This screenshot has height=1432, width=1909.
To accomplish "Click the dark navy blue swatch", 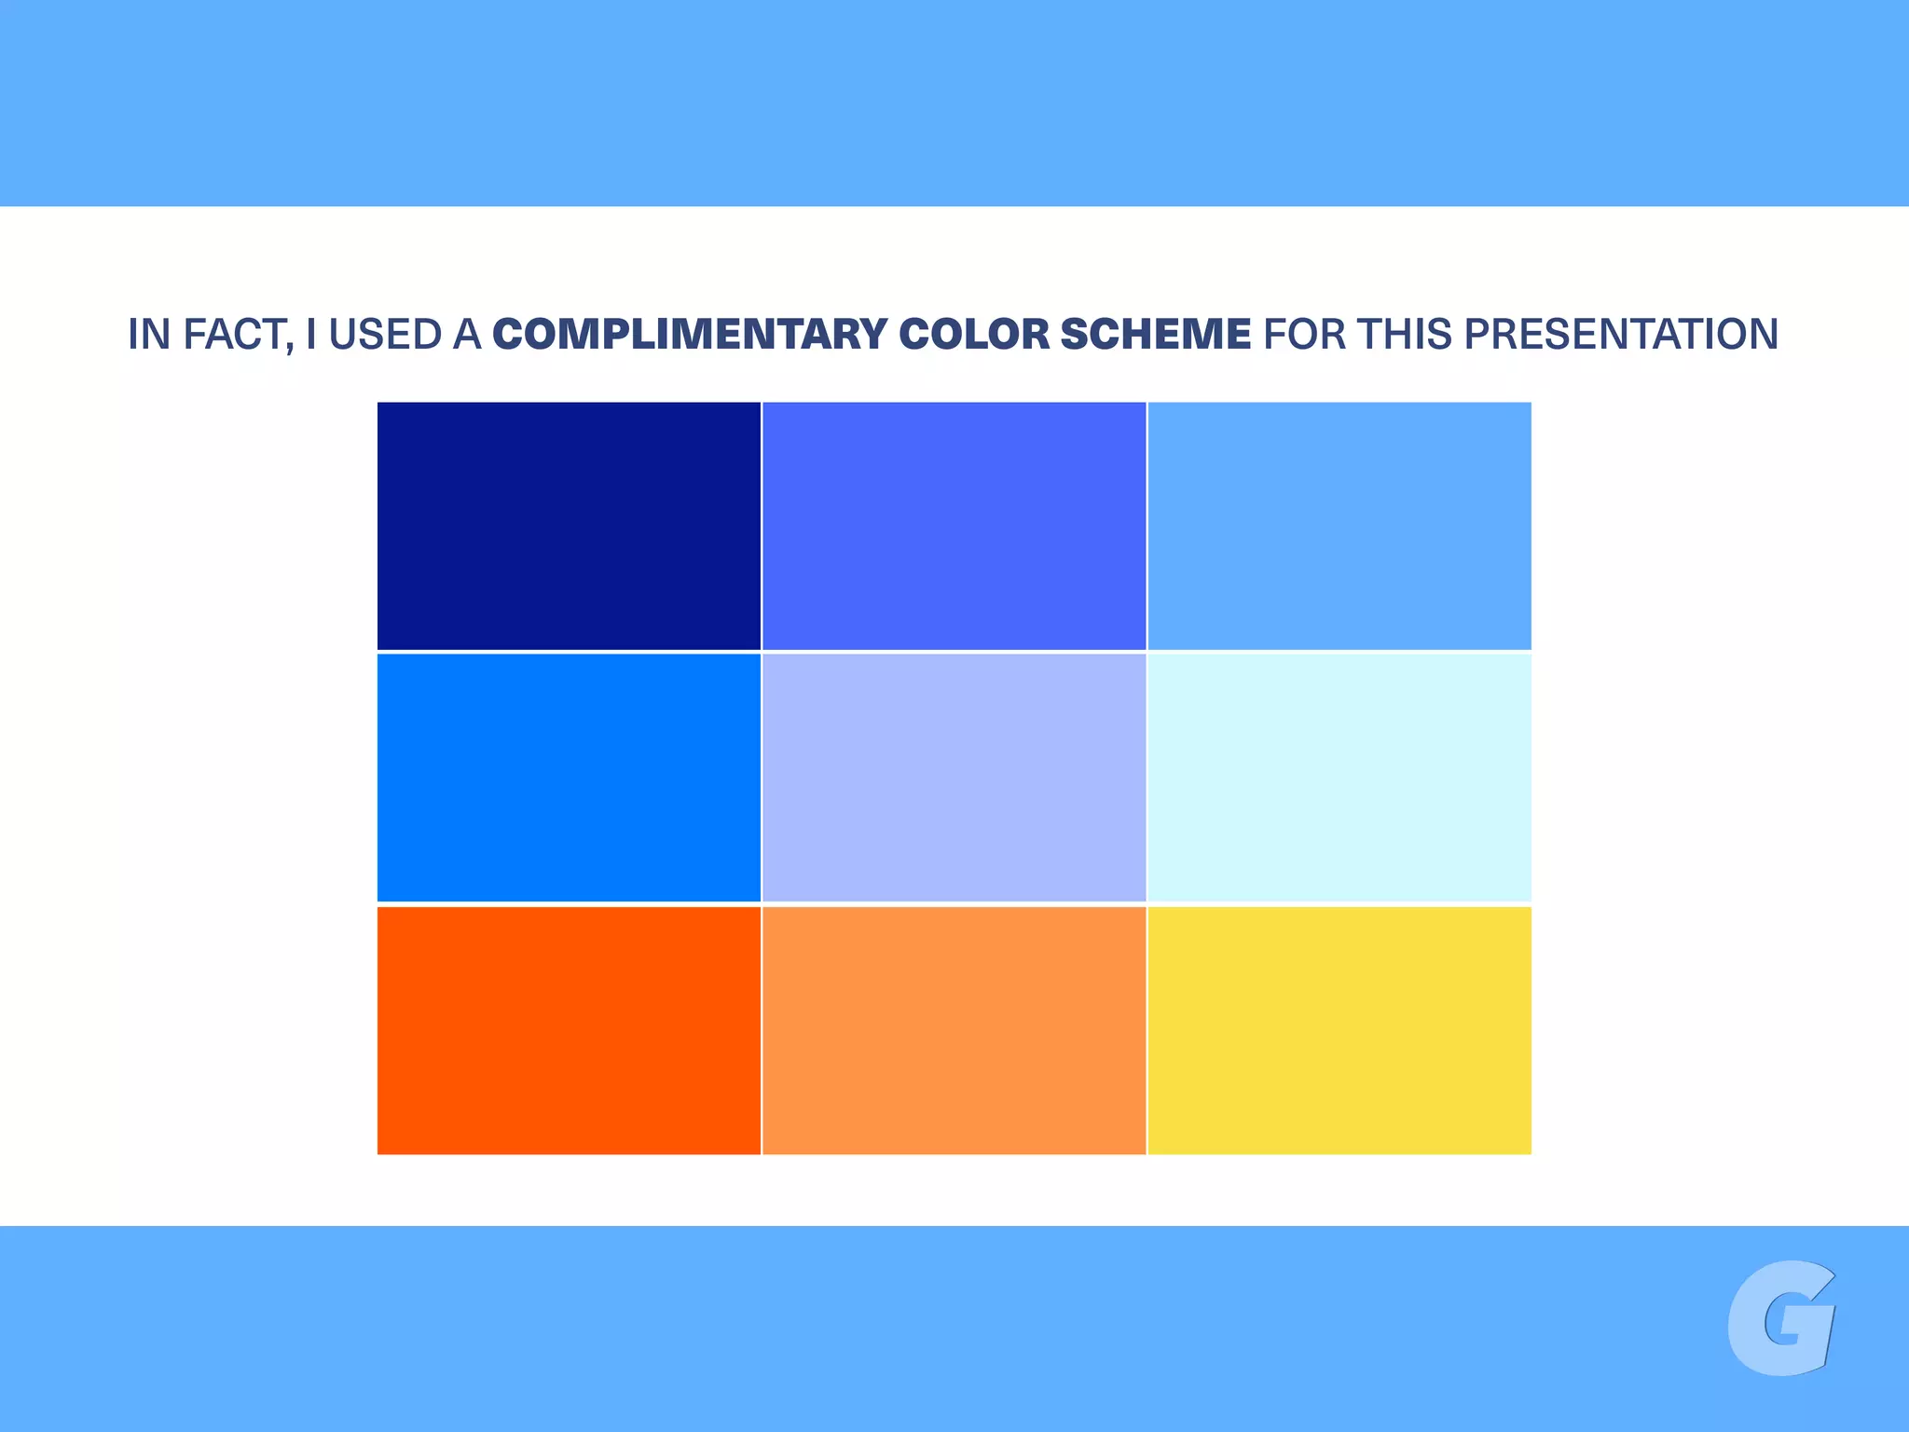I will click(x=569, y=526).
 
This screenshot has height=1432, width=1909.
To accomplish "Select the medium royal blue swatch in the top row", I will click(x=954, y=526).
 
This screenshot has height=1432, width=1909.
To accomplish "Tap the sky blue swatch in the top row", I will click(x=1339, y=526).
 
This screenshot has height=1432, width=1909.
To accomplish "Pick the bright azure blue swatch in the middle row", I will click(x=569, y=778).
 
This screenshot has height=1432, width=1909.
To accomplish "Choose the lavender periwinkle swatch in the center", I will click(x=954, y=778).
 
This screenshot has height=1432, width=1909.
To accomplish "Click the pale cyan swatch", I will click(x=1339, y=778).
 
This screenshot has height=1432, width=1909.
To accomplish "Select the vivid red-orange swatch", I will click(x=569, y=1030).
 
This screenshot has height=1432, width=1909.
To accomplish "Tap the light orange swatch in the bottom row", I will click(x=954, y=1030).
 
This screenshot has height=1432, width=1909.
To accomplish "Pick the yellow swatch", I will click(x=1339, y=1030).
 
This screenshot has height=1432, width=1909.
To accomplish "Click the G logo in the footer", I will click(x=1780, y=1317).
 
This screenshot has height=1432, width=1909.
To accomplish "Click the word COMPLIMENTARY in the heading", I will click(x=690, y=335).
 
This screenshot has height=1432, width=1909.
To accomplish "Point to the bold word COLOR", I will click(x=974, y=335).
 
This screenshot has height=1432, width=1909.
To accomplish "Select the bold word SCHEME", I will click(x=1156, y=335).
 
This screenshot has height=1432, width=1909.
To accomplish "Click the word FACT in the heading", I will click(x=238, y=335).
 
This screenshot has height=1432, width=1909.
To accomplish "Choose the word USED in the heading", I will click(x=385, y=335).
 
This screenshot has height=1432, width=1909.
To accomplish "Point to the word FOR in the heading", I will click(x=1304, y=335).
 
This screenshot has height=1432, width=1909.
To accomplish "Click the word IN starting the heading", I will click(x=148, y=335).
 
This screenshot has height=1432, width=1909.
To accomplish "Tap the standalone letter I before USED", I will click(x=311, y=335).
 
